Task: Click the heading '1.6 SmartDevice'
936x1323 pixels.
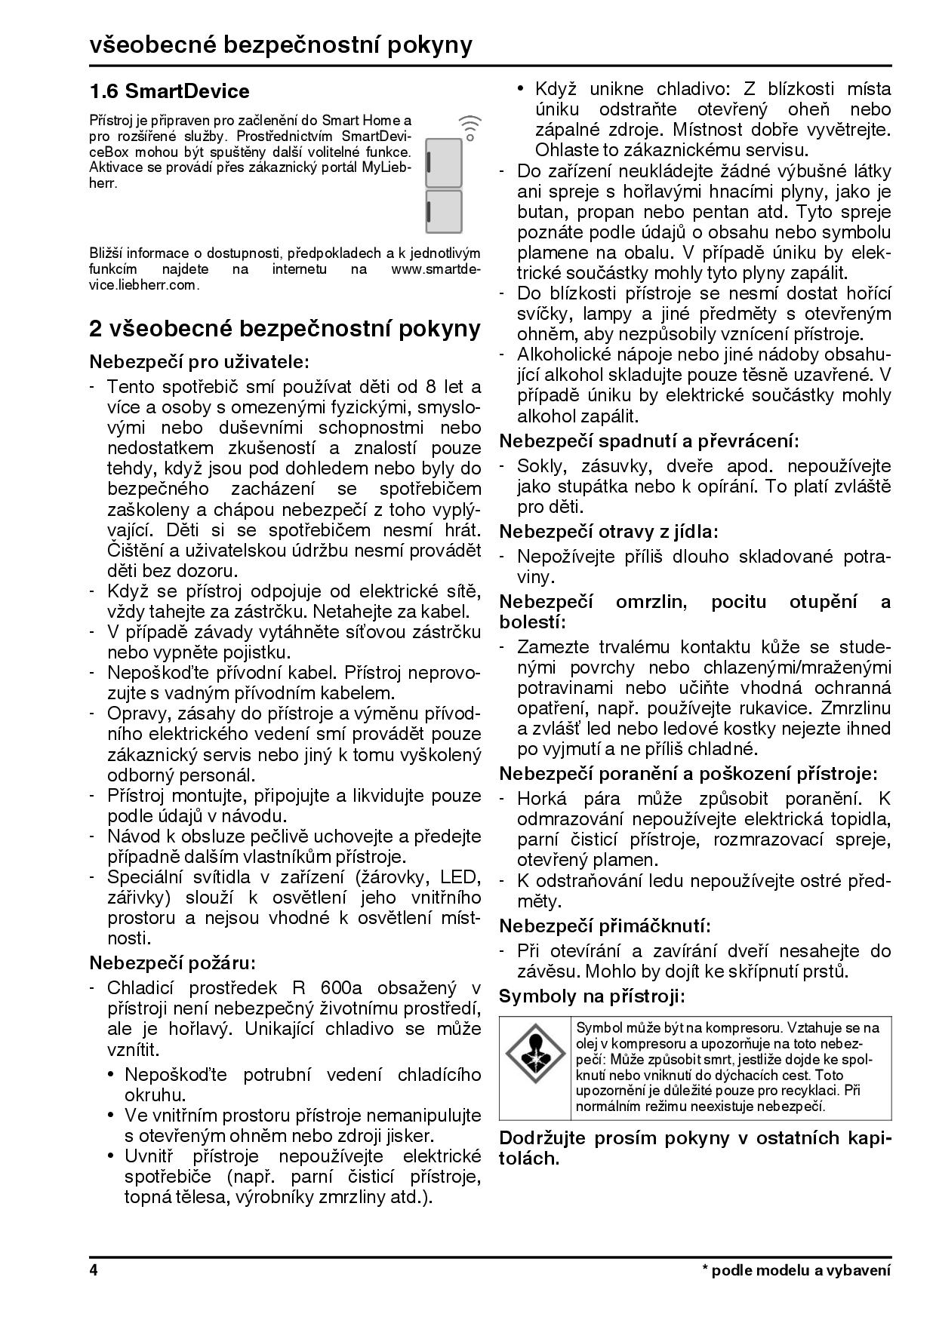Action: point(169,92)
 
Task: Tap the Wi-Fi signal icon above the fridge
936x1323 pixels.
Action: point(470,128)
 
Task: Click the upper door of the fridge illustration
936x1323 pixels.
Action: point(444,163)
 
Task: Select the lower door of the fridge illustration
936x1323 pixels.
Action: point(444,212)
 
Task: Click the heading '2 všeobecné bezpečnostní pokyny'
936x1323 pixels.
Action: point(285,329)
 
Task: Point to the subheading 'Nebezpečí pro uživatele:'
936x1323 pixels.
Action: point(199,362)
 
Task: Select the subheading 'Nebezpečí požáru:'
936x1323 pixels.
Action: point(173,963)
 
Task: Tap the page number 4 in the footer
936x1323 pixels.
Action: point(94,1270)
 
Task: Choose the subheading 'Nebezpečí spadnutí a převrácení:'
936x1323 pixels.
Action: point(649,441)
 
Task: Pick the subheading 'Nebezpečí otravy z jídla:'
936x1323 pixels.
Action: point(608,532)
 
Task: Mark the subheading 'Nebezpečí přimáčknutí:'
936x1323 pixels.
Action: point(605,925)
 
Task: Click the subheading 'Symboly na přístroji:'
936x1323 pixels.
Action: point(592,996)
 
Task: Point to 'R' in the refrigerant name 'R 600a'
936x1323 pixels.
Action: point(297,988)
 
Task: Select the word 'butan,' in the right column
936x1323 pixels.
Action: point(540,212)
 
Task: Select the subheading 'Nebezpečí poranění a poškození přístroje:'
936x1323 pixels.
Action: point(688,774)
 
